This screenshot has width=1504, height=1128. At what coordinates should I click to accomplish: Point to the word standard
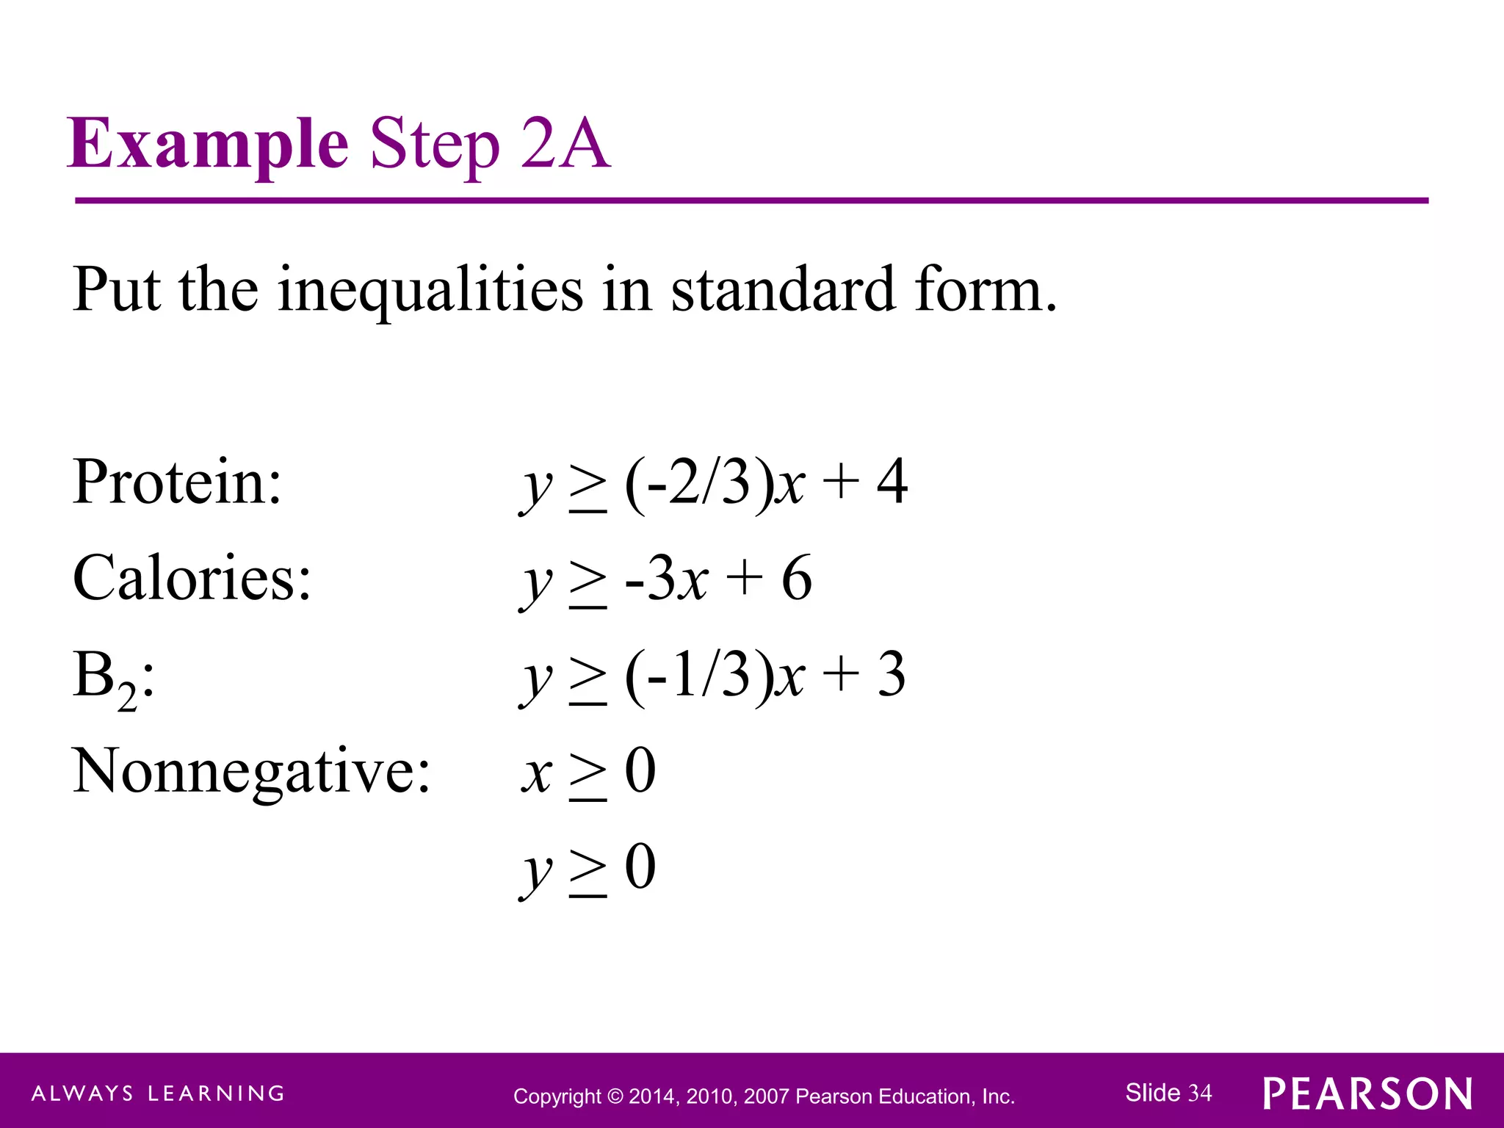(x=783, y=290)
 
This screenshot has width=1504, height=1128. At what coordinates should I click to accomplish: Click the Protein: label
(x=177, y=482)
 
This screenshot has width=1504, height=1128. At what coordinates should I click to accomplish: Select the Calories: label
(x=192, y=578)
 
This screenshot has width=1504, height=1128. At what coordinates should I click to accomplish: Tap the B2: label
(x=114, y=677)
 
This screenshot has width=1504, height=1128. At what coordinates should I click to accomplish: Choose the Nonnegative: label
(x=251, y=771)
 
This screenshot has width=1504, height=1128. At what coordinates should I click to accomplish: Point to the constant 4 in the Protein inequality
(x=892, y=482)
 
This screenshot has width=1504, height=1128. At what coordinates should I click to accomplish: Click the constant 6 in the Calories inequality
(x=796, y=578)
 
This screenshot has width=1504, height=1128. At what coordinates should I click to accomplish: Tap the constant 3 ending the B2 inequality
(x=892, y=675)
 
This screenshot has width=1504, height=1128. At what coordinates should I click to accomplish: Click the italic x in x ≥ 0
(x=538, y=773)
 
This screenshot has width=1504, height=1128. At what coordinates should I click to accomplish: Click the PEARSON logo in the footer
(x=1367, y=1094)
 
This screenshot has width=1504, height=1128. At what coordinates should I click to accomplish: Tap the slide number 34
(x=1200, y=1093)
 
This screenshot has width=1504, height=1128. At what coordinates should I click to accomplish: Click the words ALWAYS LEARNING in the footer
(x=158, y=1093)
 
